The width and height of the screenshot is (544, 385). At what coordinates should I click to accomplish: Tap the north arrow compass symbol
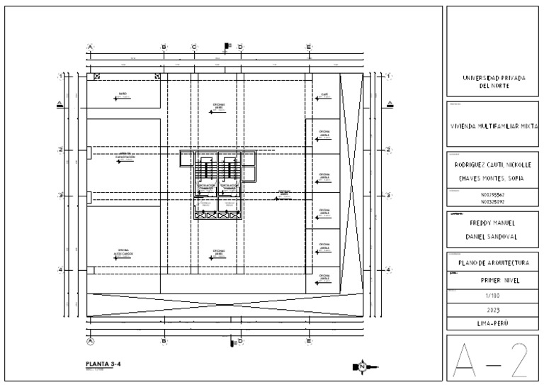[362, 366]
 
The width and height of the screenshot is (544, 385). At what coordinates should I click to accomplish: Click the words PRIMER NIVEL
[493, 280]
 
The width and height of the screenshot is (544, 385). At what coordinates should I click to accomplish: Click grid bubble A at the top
[90, 47]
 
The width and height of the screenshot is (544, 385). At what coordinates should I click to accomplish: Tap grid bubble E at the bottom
[309, 341]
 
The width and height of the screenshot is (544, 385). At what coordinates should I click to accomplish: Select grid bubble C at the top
[194, 47]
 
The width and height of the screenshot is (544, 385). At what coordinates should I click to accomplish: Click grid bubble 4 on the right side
[388, 269]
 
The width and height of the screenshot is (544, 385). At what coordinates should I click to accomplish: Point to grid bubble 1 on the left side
[61, 75]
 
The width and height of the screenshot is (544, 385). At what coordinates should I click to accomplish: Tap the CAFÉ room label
[324, 94]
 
